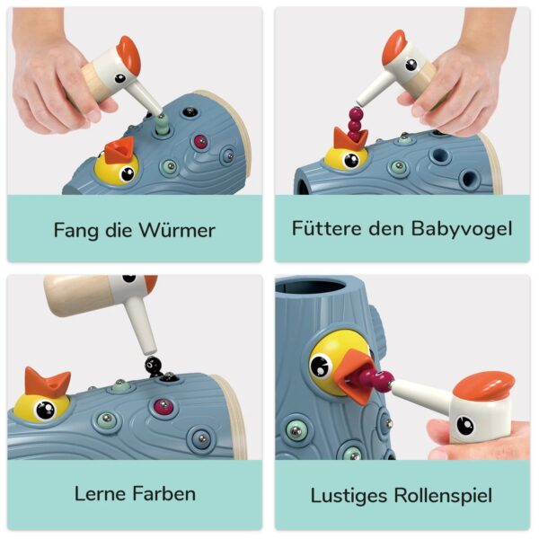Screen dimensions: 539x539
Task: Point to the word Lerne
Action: click(102, 493)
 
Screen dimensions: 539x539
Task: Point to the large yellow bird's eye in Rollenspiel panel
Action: click(322, 366)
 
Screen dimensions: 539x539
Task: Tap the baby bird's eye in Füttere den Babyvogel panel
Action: click(349, 160)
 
